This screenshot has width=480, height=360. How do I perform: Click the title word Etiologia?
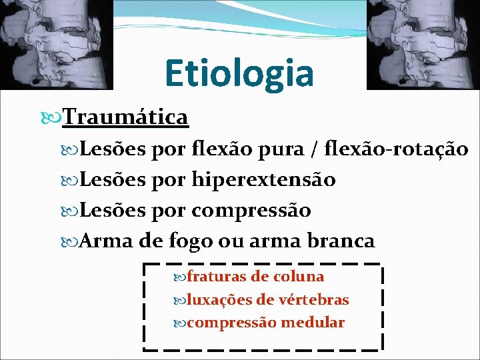[x=239, y=73]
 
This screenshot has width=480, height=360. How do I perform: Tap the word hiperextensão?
[x=263, y=179]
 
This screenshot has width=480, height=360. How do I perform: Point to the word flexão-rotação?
[x=396, y=149]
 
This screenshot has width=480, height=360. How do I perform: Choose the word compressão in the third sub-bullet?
[x=251, y=210]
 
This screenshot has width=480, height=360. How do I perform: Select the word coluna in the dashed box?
[x=297, y=276]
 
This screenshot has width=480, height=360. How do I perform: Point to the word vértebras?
[x=315, y=299]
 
